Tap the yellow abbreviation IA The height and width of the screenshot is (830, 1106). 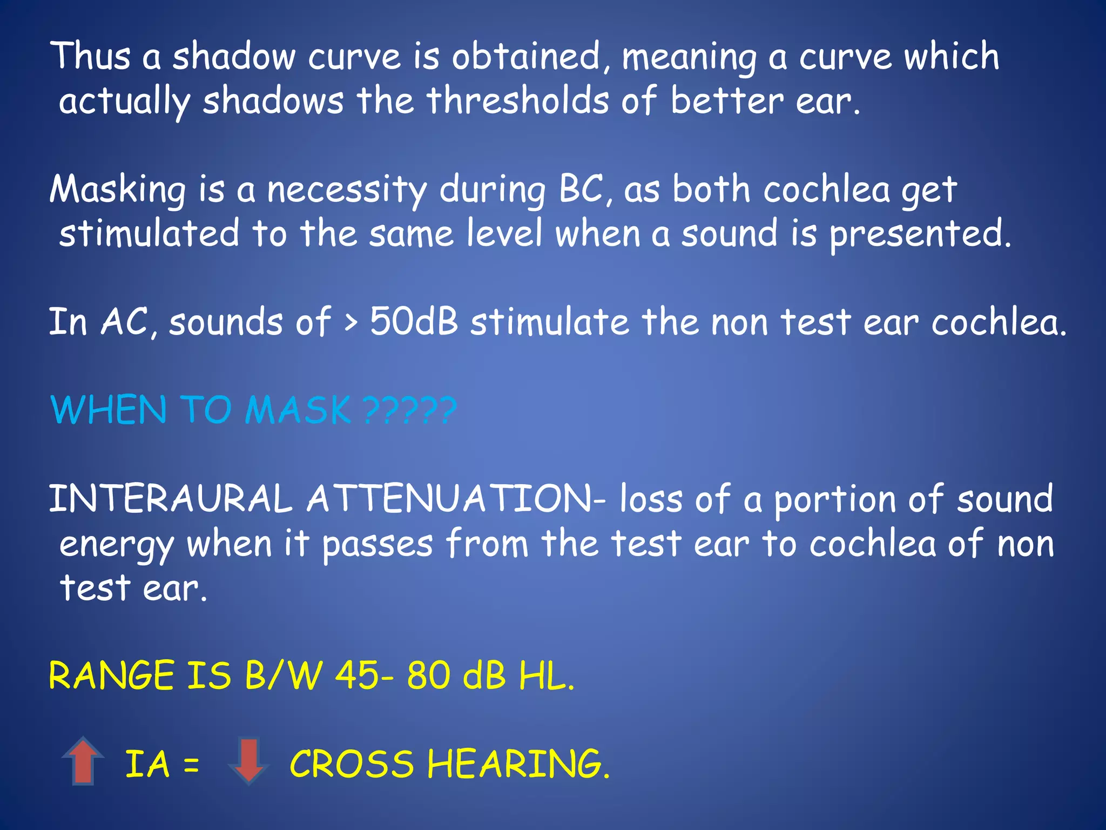147,764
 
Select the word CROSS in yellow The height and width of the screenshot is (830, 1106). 352,764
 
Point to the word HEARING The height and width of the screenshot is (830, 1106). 518,764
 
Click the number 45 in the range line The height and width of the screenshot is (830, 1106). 357,675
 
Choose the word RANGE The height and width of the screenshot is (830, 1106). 111,675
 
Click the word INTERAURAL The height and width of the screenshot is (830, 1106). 171,498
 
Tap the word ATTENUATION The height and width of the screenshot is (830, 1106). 450,498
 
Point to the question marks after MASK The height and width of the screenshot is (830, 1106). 410,410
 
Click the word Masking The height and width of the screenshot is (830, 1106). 118,191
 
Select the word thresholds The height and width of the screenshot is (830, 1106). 517,101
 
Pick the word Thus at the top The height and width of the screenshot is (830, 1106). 90,56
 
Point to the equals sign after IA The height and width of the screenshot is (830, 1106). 191,765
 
